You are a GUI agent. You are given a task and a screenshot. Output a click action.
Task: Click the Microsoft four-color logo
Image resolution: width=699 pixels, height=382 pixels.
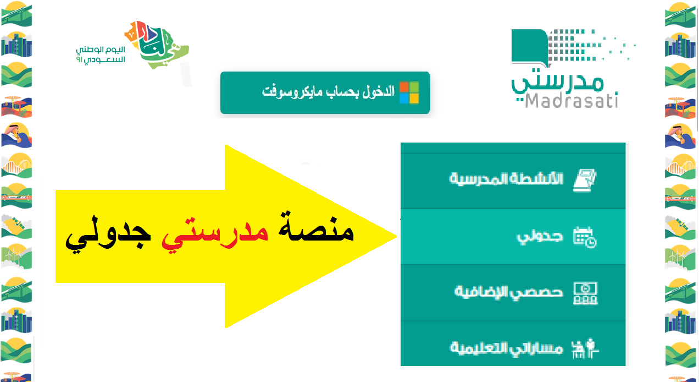point(409,92)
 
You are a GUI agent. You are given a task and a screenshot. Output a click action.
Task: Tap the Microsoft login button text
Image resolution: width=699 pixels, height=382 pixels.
point(328,91)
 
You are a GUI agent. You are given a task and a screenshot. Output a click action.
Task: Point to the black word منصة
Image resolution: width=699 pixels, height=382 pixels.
point(316,226)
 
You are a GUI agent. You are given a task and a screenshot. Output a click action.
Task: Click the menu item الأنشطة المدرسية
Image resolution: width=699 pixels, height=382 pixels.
point(506,179)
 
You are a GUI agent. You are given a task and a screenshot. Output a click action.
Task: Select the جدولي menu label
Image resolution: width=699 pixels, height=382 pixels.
point(540,237)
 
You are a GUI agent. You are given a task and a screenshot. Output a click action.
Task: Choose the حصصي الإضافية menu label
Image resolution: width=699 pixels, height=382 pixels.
point(509,292)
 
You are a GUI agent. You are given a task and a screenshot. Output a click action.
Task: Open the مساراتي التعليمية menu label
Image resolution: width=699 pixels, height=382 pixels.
point(506,348)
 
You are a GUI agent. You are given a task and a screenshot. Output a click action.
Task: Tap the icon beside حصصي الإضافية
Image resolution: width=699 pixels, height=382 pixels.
point(585,293)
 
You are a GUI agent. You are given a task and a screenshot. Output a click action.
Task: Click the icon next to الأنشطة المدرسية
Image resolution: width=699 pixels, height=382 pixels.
point(585,180)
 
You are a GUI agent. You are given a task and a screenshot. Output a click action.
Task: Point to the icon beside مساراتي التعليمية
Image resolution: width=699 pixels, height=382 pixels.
point(585,348)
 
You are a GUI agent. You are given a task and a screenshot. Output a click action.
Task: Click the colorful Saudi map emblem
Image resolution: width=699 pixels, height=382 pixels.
point(157,45)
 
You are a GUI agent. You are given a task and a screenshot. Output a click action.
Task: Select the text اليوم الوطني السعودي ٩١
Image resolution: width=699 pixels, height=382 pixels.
point(101,54)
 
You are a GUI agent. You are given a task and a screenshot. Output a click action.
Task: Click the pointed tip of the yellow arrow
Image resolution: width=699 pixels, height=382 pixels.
point(396,237)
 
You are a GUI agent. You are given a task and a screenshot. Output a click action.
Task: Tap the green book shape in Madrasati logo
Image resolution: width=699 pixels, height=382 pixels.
point(530,47)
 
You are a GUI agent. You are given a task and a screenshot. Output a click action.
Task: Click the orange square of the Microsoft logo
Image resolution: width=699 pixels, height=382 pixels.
point(404,87)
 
